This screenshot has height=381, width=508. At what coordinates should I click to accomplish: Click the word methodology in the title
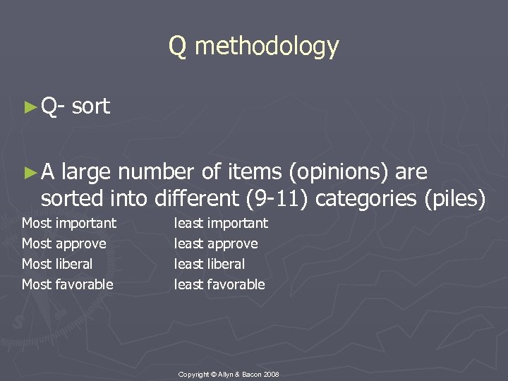point(267,47)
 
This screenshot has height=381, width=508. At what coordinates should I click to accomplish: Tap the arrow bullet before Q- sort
point(29,107)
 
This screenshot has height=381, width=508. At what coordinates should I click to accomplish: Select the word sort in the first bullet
point(91,107)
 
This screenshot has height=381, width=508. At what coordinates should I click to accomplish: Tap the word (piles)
point(456,200)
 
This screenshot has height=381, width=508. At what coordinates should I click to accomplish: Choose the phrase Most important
point(69,224)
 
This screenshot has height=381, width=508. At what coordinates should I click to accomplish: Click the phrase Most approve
point(64,244)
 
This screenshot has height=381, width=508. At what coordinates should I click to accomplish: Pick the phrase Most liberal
point(57,265)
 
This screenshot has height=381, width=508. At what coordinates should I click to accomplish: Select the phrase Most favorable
point(68,285)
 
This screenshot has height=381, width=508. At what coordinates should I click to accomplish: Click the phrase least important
point(222,224)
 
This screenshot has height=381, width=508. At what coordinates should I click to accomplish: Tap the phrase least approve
point(217,244)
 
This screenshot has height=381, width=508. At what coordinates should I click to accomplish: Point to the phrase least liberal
point(210,265)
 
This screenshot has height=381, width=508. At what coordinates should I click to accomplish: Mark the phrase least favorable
point(220,285)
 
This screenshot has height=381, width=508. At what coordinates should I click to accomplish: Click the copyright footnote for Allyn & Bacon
point(229,373)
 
